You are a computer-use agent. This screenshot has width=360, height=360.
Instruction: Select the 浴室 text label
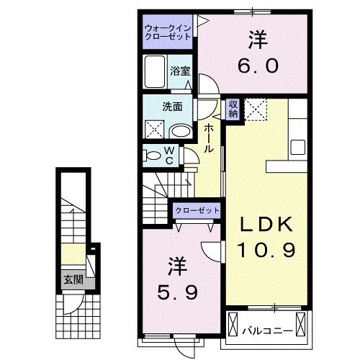pyautogui.click(x=180, y=71)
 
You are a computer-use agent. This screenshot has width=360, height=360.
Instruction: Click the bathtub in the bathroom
pyautogui.click(x=155, y=72)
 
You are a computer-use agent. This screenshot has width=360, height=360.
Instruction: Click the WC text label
pyautogui.click(x=170, y=154)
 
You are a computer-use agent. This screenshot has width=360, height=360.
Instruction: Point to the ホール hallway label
pyautogui.click(x=207, y=138)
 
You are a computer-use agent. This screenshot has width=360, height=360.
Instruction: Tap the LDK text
pyautogui.click(x=267, y=225)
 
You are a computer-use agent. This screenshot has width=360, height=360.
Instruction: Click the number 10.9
pyautogui.click(x=267, y=250)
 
